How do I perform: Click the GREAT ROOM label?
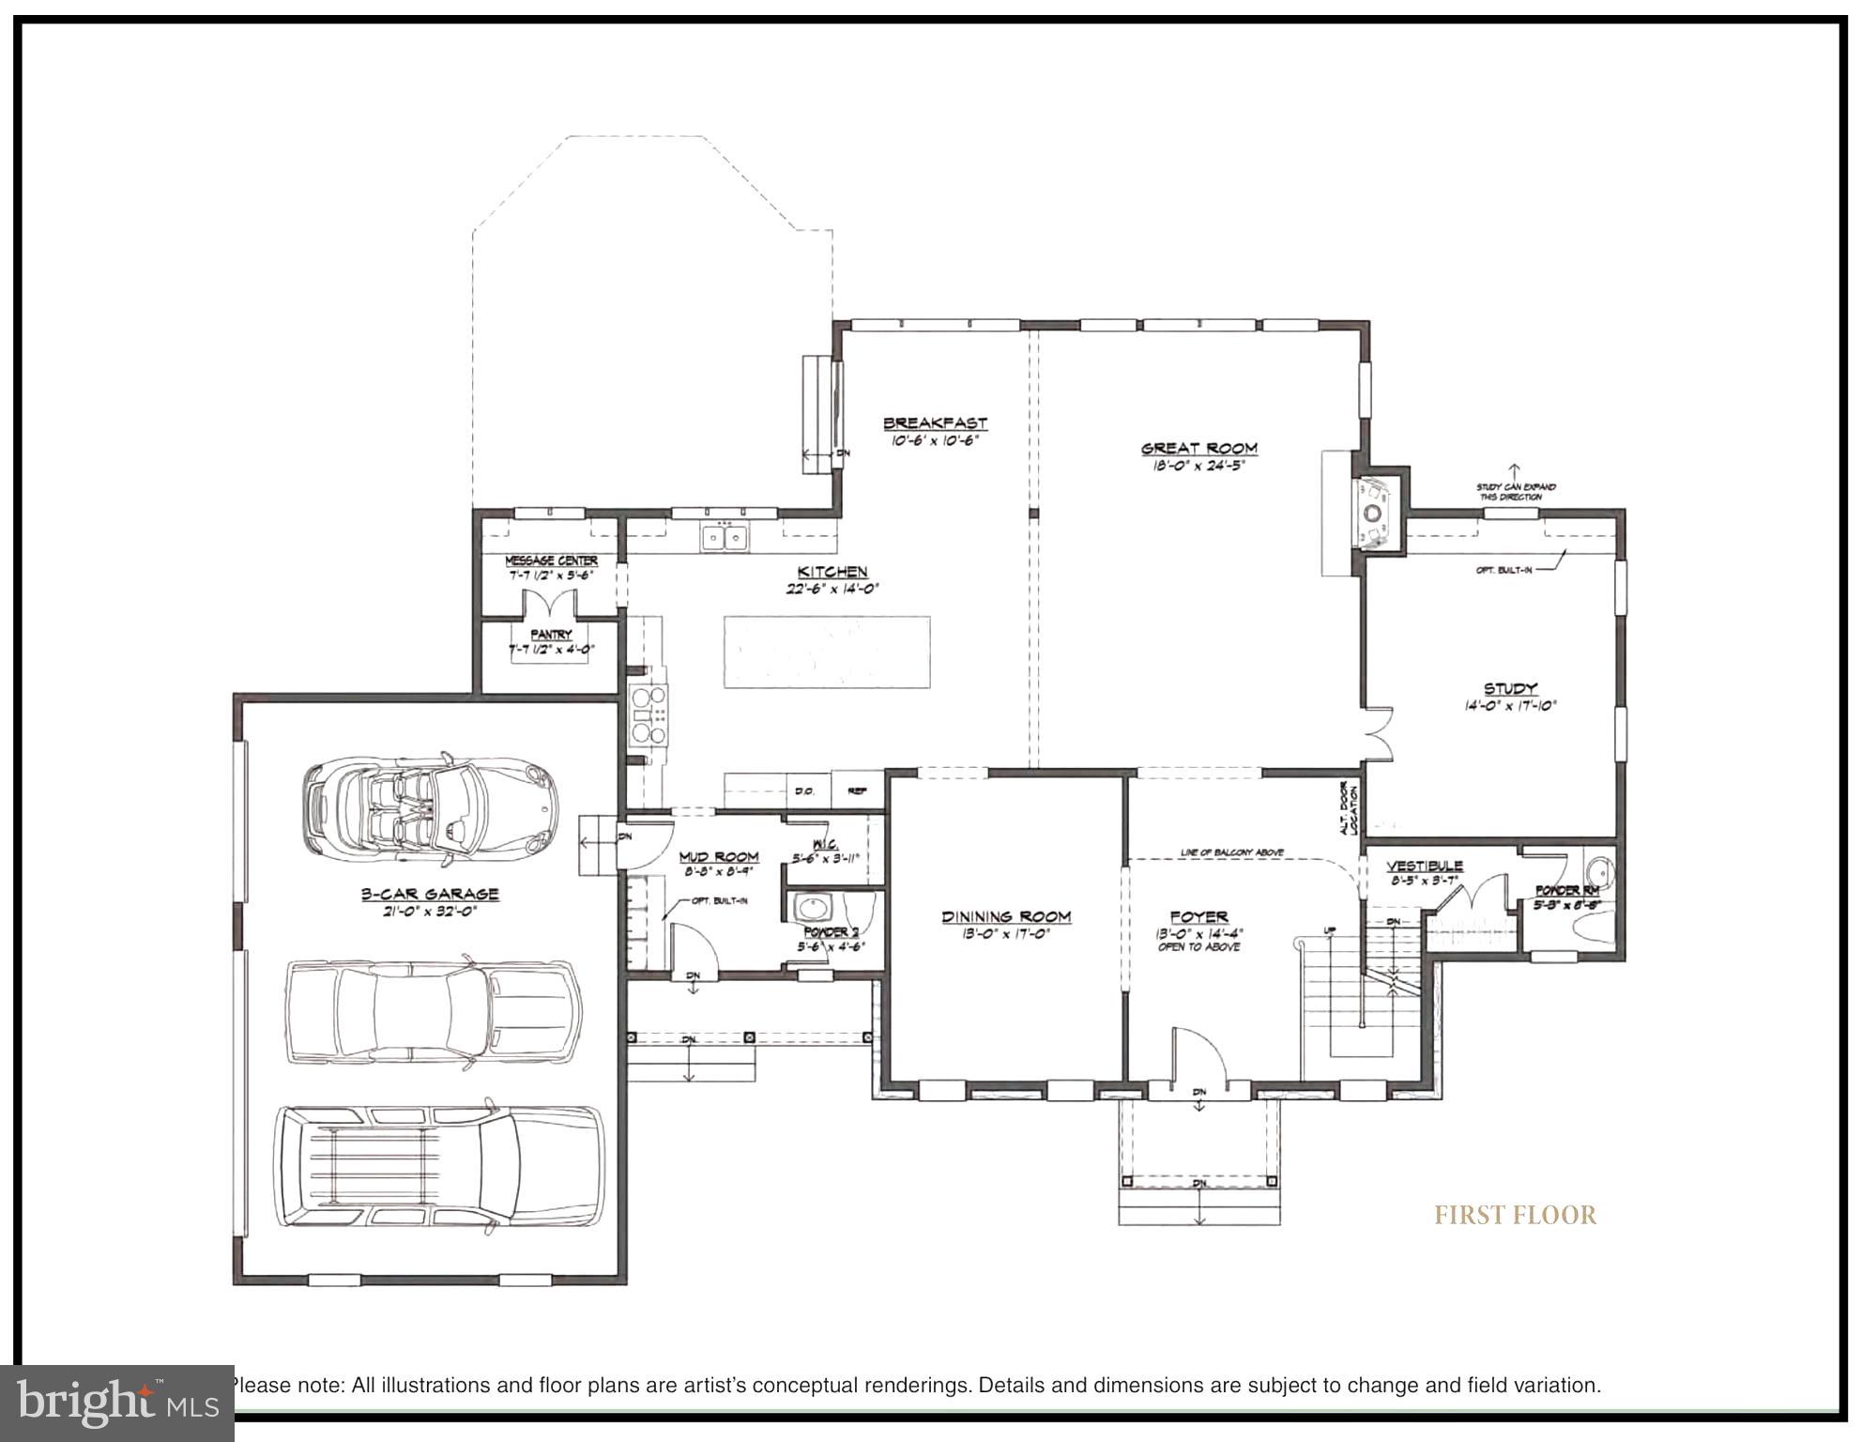[1198, 449]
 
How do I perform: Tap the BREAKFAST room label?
[935, 423]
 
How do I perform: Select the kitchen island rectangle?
[826, 652]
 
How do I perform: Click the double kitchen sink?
[724, 538]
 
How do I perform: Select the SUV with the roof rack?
[438, 1166]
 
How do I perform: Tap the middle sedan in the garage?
[433, 1012]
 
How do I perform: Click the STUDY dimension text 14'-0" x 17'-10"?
[1510, 706]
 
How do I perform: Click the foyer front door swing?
[1199, 1061]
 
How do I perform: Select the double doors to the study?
[1379, 733]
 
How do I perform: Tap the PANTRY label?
[551, 636]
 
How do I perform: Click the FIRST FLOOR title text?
[1515, 1215]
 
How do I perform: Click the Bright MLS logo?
[116, 1403]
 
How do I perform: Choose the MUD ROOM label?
[718, 856]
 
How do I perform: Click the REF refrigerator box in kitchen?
[857, 790]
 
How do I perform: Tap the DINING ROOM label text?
[1006, 916]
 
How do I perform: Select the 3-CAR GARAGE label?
[430, 894]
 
